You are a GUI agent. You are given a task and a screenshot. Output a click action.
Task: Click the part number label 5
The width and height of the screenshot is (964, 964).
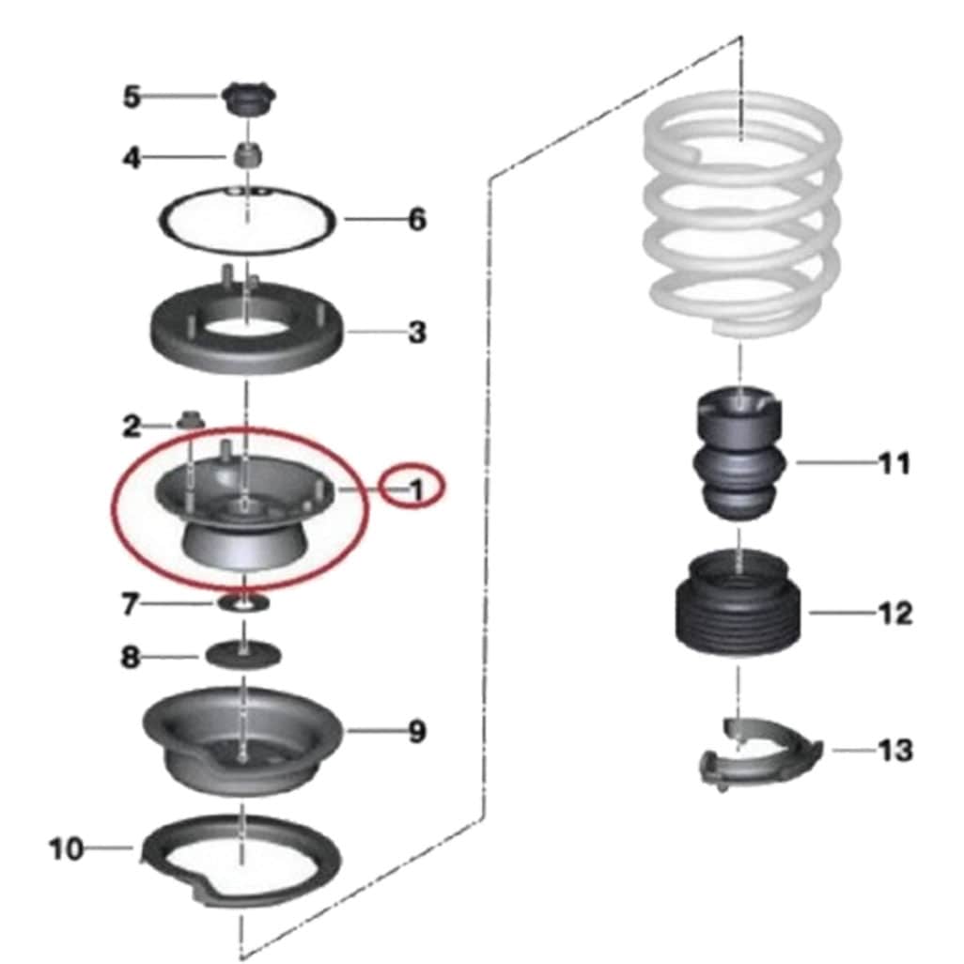[132, 97]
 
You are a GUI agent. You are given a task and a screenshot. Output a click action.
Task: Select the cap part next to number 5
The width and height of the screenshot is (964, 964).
[248, 100]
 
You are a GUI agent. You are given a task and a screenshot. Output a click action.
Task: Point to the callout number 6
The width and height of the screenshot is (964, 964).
[417, 220]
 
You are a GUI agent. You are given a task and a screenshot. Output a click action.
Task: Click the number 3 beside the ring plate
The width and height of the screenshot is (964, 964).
[417, 332]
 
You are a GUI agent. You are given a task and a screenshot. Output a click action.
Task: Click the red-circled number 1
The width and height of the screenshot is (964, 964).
[417, 490]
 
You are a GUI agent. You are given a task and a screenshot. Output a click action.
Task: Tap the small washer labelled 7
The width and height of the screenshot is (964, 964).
[243, 603]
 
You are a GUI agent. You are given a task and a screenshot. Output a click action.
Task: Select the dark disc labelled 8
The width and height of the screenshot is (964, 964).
[243, 656]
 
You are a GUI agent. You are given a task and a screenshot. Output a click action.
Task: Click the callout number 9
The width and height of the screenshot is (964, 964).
[417, 732]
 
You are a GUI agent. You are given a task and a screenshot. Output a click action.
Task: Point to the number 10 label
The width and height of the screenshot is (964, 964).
[66, 849]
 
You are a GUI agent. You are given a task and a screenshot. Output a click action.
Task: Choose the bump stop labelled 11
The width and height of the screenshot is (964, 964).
[740, 453]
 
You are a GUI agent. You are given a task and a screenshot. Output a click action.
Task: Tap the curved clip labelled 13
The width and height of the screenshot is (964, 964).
[760, 755]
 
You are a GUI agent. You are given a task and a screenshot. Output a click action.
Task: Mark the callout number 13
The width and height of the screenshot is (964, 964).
[895, 750]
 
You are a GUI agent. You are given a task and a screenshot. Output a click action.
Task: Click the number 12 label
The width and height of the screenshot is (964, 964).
[895, 613]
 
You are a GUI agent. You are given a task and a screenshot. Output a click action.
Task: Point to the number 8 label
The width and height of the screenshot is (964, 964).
[130, 657]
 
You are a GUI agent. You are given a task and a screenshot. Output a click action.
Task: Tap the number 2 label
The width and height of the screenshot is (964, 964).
[132, 426]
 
